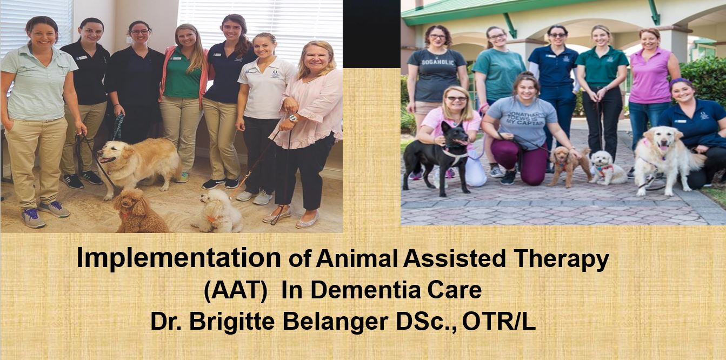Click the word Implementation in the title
[178, 258]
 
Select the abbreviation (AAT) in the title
[236, 290]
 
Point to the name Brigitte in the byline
[232, 322]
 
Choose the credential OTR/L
[499, 321]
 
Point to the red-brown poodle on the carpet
[139, 211]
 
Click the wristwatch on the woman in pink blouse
[294, 118]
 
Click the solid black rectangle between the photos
[372, 34]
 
